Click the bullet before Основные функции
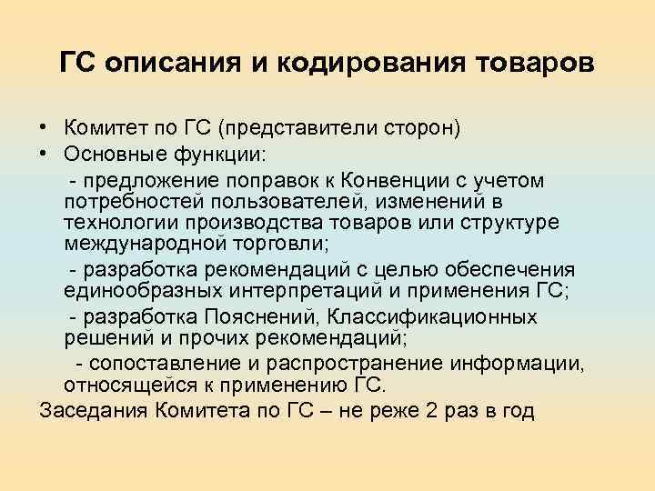point(45,151)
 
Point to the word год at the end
point(516,412)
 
